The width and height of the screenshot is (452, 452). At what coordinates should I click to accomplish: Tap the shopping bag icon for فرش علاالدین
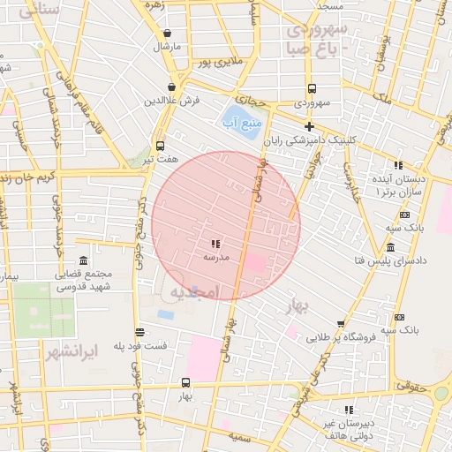[170, 87]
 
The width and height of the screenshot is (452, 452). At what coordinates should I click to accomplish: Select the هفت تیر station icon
[160, 147]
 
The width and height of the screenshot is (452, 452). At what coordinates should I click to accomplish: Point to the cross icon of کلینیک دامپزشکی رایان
[309, 127]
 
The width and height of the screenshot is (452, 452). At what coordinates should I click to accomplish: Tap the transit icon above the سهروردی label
[312, 88]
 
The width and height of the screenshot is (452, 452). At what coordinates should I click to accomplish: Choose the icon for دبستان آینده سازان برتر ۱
[398, 165]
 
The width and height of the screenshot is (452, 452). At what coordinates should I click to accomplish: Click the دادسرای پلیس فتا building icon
[390, 246]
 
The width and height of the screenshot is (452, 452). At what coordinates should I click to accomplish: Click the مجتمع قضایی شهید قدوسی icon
[83, 261]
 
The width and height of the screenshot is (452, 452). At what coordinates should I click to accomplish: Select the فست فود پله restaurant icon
[140, 333]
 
